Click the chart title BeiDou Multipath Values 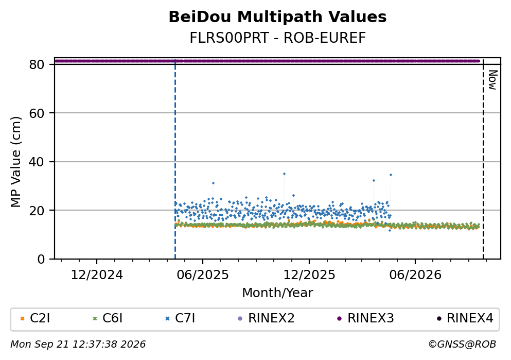[277, 17]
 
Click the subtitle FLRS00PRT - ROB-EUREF [278, 38]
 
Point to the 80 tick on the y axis [37, 64]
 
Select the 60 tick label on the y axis [37, 113]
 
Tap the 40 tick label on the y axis [37, 162]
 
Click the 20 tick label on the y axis [37, 210]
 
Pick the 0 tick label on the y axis [41, 259]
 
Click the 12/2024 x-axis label [97, 275]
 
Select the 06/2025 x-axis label [203, 275]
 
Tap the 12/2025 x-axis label [309, 275]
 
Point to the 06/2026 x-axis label [415, 275]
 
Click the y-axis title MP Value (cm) [15, 162]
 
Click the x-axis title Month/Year [277, 293]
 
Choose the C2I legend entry [35, 318]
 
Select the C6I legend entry [108, 318]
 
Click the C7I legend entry [180, 318]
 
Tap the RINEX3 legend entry [365, 318]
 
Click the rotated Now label [492, 80]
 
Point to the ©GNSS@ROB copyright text [462, 345]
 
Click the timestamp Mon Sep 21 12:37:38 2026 [78, 345]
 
